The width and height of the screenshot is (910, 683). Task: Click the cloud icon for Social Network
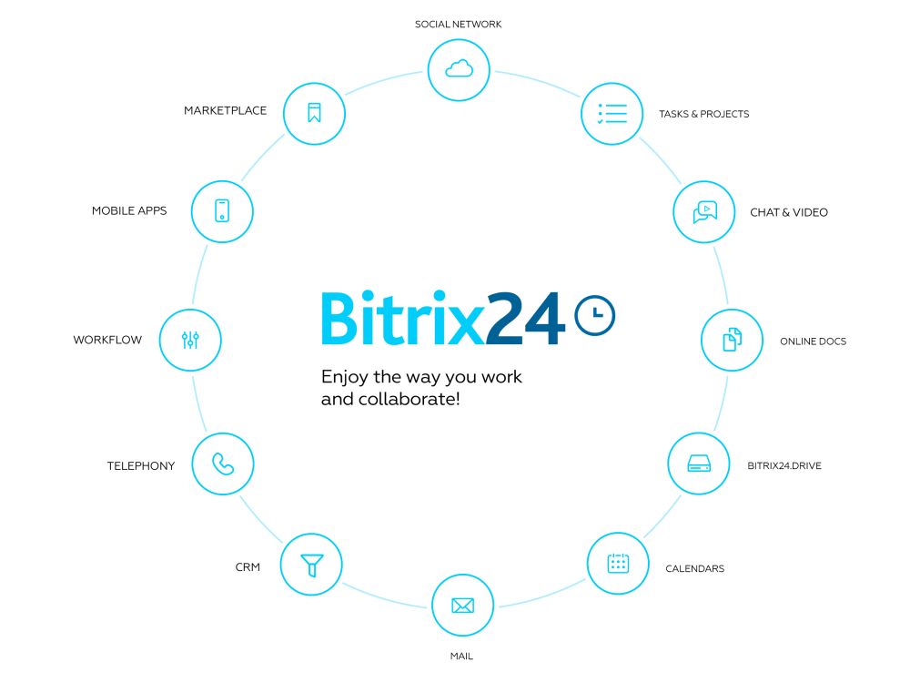(459, 69)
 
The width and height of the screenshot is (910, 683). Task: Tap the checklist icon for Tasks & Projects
(612, 113)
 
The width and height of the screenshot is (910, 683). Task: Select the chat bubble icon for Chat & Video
(704, 212)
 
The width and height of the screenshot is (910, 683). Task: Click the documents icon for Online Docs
(733, 340)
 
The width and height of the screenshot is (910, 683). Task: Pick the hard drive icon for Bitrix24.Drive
(699, 464)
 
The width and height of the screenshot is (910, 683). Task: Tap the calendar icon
(618, 563)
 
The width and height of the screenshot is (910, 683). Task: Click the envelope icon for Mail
(462, 606)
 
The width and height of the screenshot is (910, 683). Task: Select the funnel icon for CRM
(311, 566)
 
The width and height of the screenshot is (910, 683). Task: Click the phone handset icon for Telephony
(223, 464)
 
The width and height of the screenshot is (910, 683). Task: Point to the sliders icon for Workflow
(190, 340)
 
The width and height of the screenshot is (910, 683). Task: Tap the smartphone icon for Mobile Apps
(222, 211)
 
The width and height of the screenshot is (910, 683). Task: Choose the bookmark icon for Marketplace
(314, 113)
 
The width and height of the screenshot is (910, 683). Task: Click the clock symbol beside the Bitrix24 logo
(595, 315)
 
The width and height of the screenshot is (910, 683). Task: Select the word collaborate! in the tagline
(409, 399)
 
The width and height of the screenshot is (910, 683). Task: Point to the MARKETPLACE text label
(225, 110)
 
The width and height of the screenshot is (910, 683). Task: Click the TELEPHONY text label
(141, 465)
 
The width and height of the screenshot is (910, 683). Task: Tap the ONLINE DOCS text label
(813, 341)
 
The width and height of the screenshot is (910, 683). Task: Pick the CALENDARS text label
(694, 568)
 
